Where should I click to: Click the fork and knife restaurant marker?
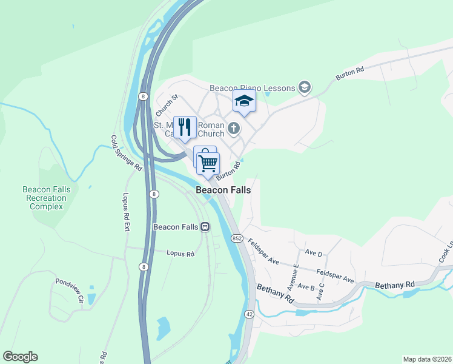[185, 127]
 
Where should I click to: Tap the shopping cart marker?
[208, 163]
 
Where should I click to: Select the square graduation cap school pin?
[244, 101]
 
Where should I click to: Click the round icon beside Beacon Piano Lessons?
[304, 88]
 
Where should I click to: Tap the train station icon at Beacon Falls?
[205, 227]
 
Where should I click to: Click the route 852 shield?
[237, 239]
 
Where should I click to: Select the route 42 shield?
[250, 314]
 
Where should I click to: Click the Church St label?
[167, 105]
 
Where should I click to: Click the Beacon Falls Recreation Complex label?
[47, 198]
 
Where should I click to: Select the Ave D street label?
[314, 252]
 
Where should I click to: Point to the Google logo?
[20, 357]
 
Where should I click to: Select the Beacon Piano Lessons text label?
[252, 88]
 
